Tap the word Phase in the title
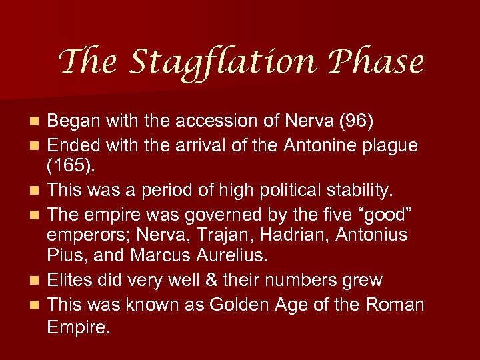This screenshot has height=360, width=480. coord(378,63)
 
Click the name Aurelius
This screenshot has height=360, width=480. coord(227,257)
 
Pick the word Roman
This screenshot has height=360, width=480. coord(396,305)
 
